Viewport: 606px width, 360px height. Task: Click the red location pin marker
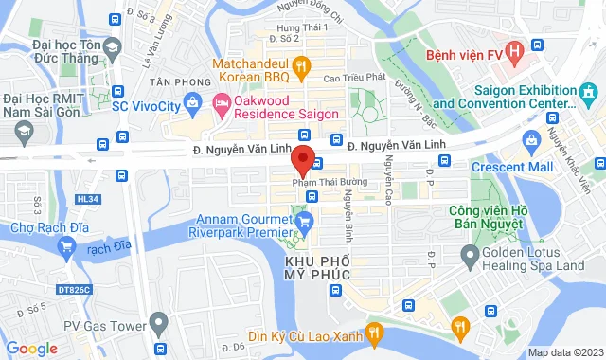tap(303, 159)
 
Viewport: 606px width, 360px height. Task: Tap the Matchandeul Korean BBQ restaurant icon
tap(302, 65)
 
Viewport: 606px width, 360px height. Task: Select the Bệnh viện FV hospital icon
tap(514, 50)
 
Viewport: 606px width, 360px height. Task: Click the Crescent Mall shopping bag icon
tap(531, 139)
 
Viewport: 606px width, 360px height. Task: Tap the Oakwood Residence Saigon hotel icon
tap(221, 101)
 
